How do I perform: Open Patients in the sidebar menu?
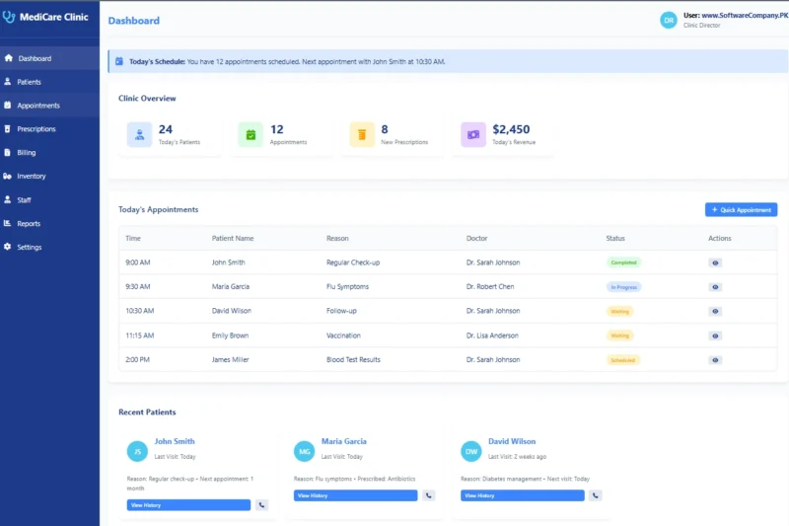29,82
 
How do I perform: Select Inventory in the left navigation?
31,177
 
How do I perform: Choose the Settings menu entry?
29,247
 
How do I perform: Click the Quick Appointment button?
741,210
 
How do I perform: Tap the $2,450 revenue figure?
511,129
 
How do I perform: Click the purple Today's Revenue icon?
473,134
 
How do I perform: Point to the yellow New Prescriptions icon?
362,134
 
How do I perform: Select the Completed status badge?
623,263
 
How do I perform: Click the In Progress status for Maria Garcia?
623,286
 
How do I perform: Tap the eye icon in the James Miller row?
715,360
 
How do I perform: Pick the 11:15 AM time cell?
139,336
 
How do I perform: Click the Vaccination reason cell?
343,336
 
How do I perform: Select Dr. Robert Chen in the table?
490,286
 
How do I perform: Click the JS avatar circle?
137,452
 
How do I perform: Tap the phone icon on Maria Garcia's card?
429,495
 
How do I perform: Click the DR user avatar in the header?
669,20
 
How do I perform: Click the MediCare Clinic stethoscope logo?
9,17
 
